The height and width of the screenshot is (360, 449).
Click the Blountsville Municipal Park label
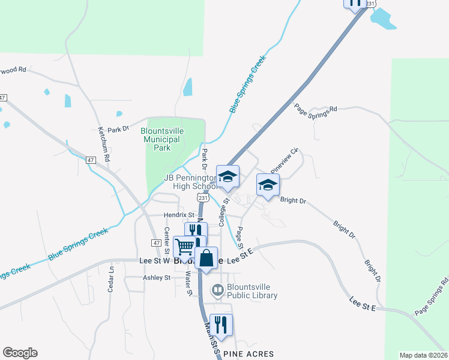160,139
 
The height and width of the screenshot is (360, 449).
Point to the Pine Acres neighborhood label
249,354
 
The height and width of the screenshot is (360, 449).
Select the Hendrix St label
180,215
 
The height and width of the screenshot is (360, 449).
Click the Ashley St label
157,278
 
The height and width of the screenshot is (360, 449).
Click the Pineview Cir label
285,158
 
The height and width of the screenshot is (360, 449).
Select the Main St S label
211,339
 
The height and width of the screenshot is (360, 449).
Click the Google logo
20,353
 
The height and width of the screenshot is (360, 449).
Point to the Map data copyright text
424,355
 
